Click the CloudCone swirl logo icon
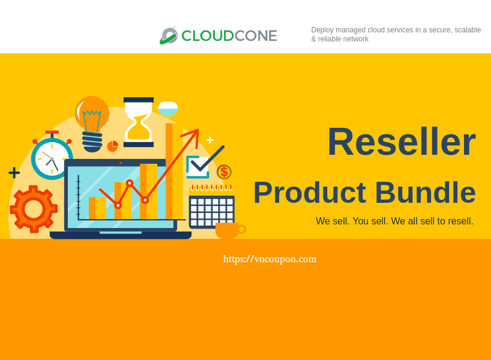(x=169, y=35)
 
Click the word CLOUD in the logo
(x=208, y=35)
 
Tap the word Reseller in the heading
(x=401, y=142)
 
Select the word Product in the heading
(x=309, y=193)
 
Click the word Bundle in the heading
(x=426, y=193)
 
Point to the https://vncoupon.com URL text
(x=270, y=259)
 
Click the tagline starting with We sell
(x=394, y=221)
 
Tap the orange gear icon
(x=34, y=209)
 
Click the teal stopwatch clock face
(x=52, y=158)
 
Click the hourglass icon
(x=139, y=122)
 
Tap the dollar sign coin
(x=224, y=172)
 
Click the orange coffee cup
(x=228, y=230)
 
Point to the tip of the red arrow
(x=197, y=131)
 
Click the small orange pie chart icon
(x=113, y=146)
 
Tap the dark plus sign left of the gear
(x=14, y=173)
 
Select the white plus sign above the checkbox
(x=210, y=140)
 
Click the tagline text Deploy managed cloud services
(x=396, y=34)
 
